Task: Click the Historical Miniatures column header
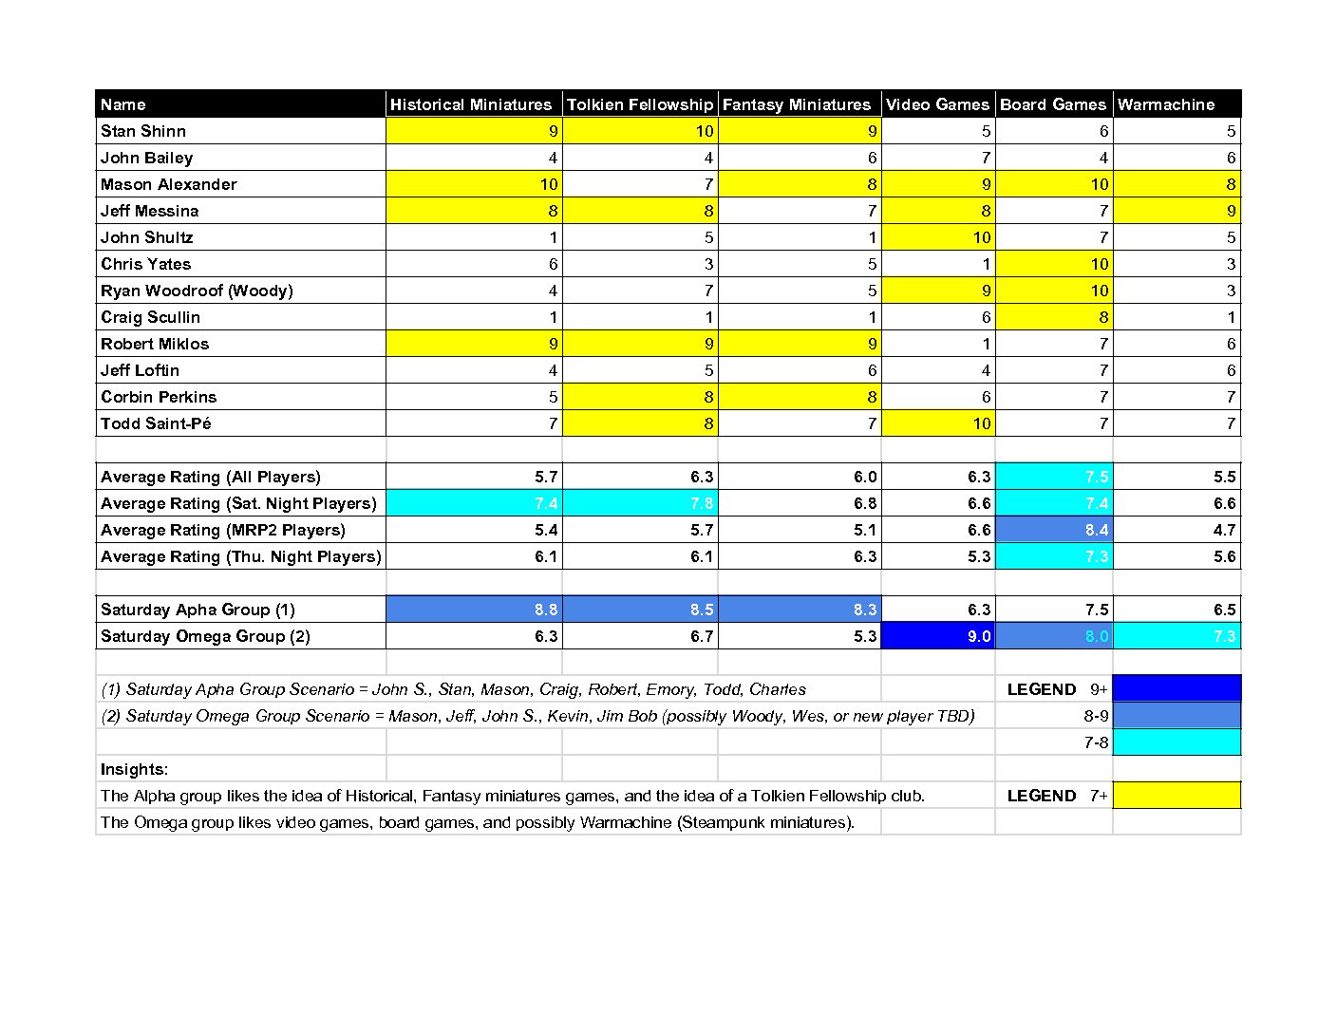pos(471,104)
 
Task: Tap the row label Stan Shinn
pos(143,131)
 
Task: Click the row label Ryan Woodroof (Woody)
pos(197,291)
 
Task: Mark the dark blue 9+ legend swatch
pos(1177,688)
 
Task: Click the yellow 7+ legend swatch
pos(1177,795)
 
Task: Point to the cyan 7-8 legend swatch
pos(1177,742)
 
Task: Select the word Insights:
pos(134,769)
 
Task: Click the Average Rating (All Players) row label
pos(211,477)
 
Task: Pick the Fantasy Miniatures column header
pos(797,104)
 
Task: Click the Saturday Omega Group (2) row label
pos(205,636)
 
